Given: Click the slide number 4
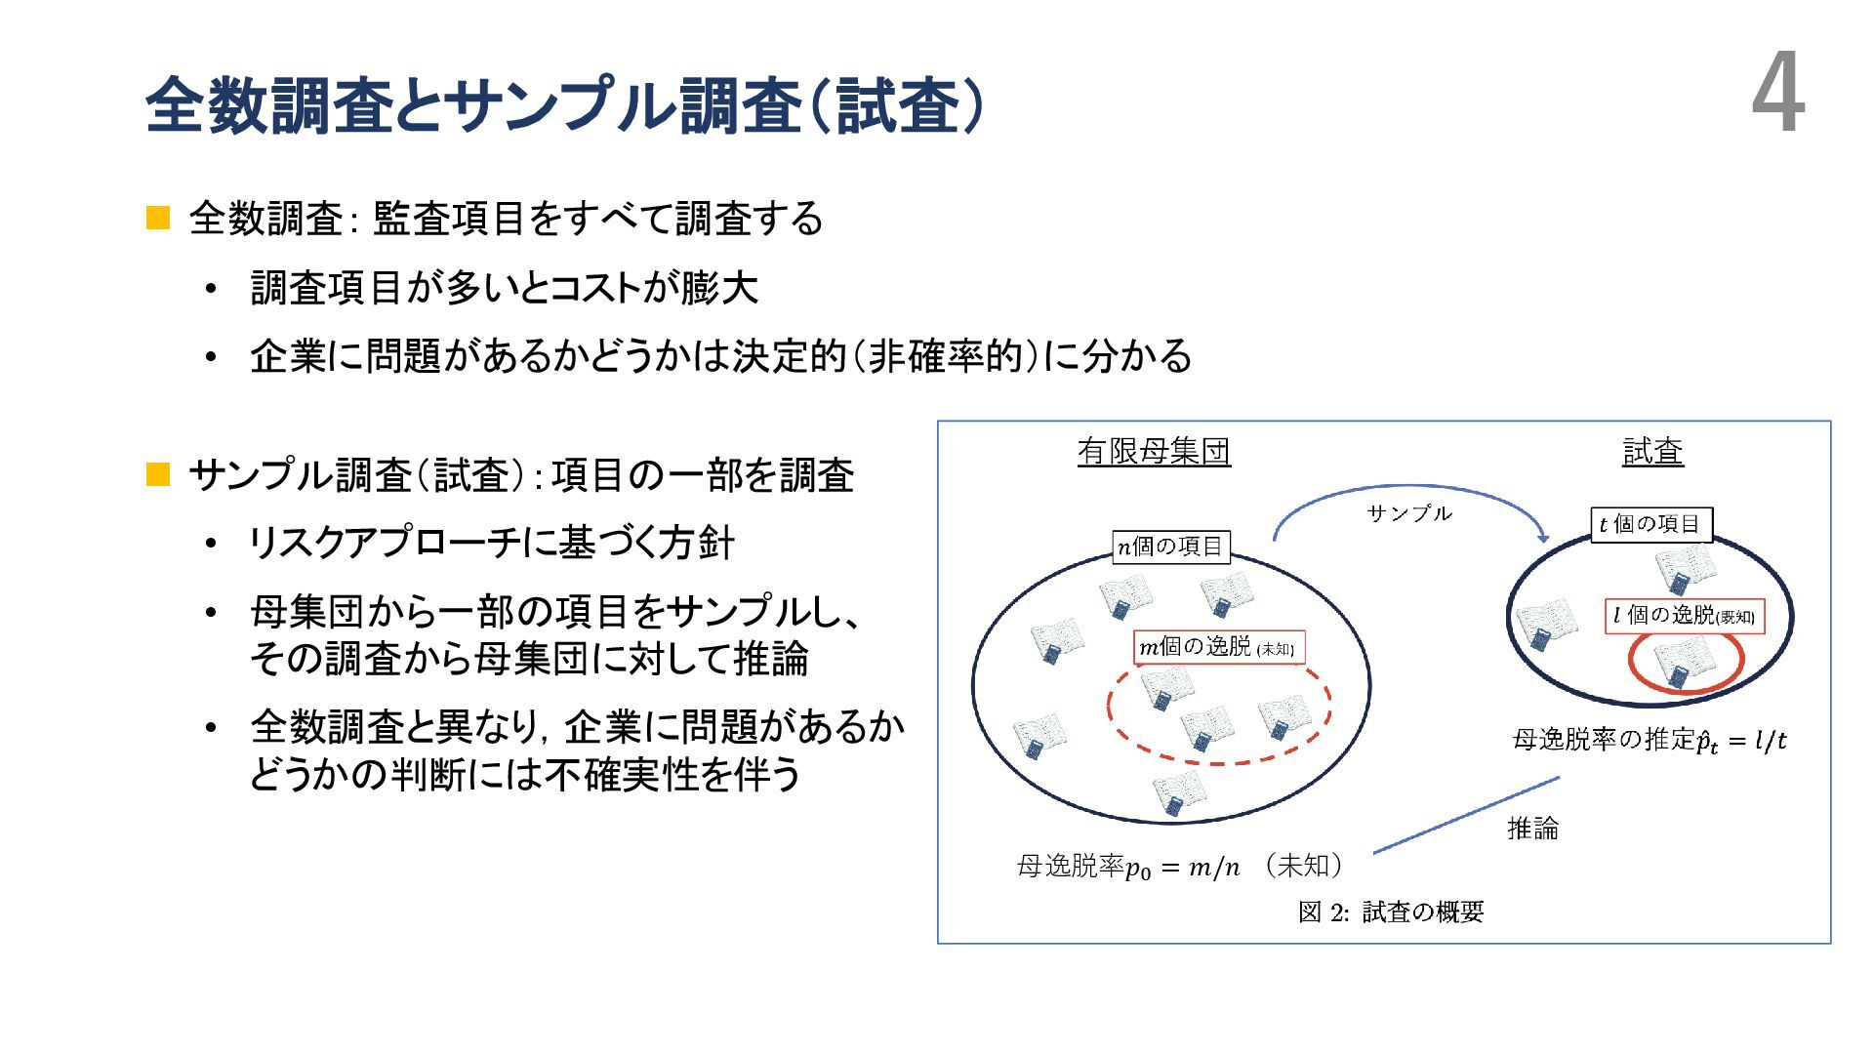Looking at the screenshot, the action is pos(1777,97).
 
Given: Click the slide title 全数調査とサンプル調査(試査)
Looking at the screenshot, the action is pos(564,105).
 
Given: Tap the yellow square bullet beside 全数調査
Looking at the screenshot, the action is pos(158,218).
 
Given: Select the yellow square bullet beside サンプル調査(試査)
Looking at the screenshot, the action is pos(158,475).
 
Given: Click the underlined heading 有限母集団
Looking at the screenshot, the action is pos(1154,452).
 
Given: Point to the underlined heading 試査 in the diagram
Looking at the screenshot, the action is pos(1652,452).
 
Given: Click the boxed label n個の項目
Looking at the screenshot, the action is pos(1170,547).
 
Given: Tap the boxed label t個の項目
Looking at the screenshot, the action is pos(1650,525).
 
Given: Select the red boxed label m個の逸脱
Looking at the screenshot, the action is pos(1218,647).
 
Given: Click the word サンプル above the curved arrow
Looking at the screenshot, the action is pos(1408,513).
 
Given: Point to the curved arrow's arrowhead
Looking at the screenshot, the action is pos(1541,536).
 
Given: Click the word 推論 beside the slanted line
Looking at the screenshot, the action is pos(1532,829).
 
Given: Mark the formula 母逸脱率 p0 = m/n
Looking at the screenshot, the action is pos(1128,867).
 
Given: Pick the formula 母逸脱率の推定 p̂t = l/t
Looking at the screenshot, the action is pos(1650,741).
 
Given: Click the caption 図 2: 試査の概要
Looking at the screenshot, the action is pos(1391,912).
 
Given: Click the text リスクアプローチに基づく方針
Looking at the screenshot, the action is pos(492,544).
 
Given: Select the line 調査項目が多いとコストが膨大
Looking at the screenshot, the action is pos(504,288).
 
